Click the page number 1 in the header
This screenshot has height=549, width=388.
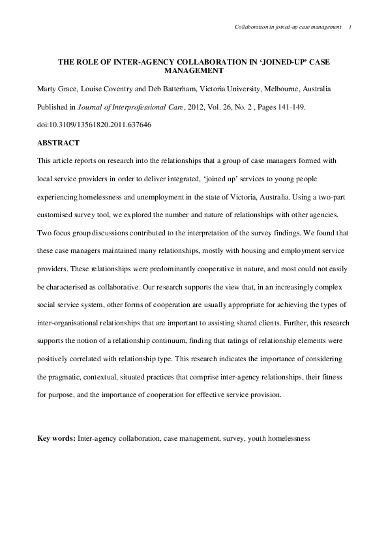click(x=350, y=27)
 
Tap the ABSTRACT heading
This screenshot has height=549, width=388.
click(x=58, y=142)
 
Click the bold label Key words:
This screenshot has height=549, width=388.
click(x=56, y=439)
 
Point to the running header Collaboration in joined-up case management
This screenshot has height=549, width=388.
click(x=287, y=27)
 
